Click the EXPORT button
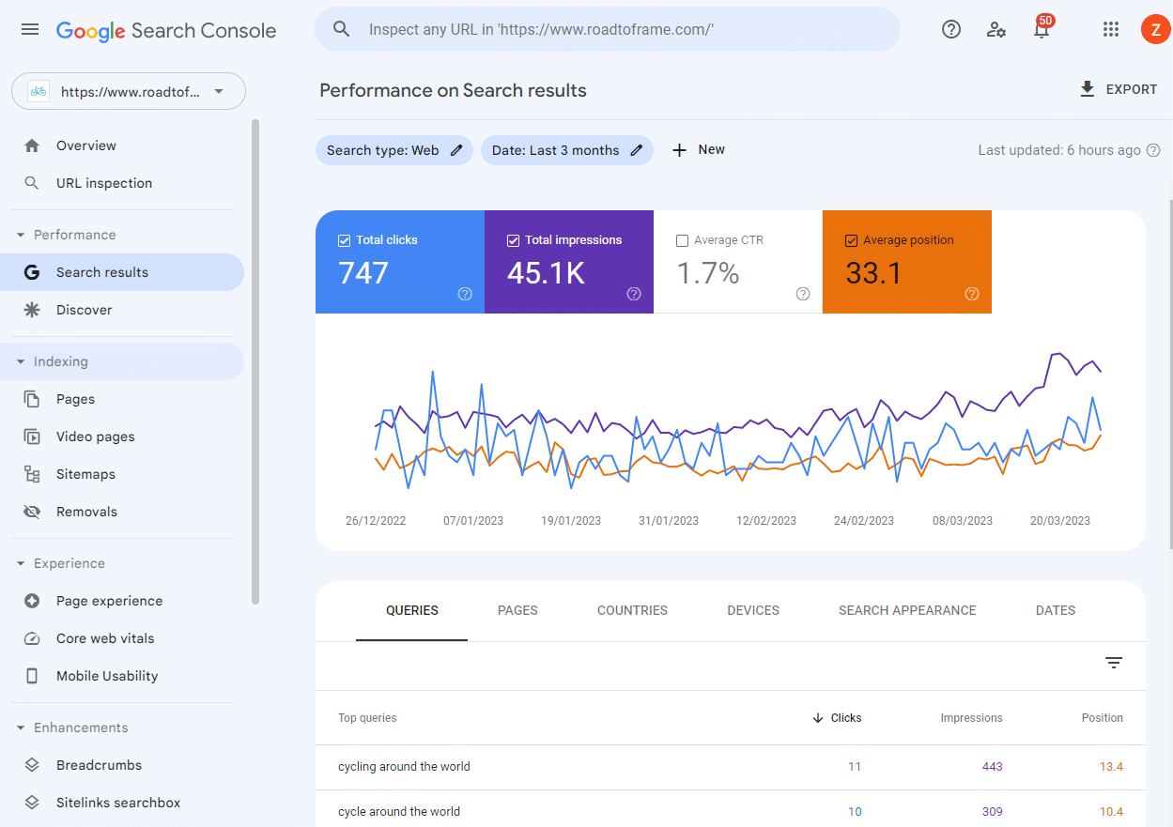click(x=1118, y=89)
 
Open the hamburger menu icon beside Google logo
click(x=30, y=30)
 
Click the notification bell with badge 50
click(x=1042, y=30)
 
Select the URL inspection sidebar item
click(x=103, y=183)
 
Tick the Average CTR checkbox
click(x=682, y=240)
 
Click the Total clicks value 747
click(x=363, y=273)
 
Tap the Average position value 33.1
click(x=873, y=273)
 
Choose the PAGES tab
click(x=517, y=610)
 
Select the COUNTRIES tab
click(x=632, y=610)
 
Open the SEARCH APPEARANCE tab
click(x=907, y=610)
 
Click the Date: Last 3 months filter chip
click(x=566, y=150)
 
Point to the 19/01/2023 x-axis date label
click(x=571, y=521)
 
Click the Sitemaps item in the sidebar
click(x=85, y=474)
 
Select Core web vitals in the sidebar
click(x=105, y=638)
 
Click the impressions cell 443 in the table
click(x=992, y=767)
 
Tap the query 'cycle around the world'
click(x=399, y=812)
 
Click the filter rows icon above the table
click(x=1114, y=663)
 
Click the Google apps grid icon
click(x=1111, y=30)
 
